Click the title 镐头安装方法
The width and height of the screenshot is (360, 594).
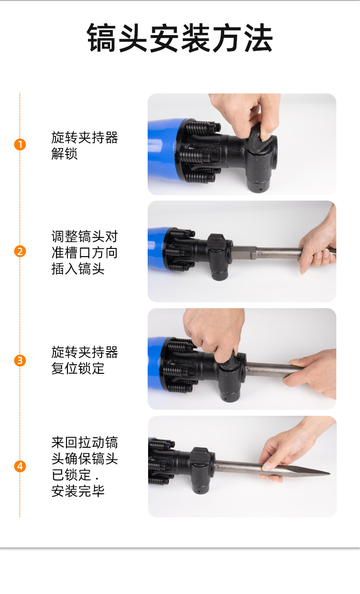click(180, 38)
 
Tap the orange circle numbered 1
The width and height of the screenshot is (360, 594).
click(20, 145)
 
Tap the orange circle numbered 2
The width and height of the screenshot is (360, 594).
click(20, 251)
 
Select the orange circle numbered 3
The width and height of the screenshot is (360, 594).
click(20, 361)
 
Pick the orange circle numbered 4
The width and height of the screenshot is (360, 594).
click(20, 466)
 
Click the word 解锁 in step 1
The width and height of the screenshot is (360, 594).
click(64, 154)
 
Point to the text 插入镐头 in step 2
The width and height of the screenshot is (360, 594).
click(78, 269)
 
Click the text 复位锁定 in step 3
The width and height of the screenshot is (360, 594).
click(78, 368)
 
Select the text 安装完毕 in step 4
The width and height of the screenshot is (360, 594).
click(78, 491)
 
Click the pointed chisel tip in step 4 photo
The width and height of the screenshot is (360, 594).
click(329, 473)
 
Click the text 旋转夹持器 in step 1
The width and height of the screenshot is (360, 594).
click(85, 137)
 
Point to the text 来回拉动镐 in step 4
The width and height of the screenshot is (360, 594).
click(85, 442)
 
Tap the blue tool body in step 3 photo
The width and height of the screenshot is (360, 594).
click(157, 363)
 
